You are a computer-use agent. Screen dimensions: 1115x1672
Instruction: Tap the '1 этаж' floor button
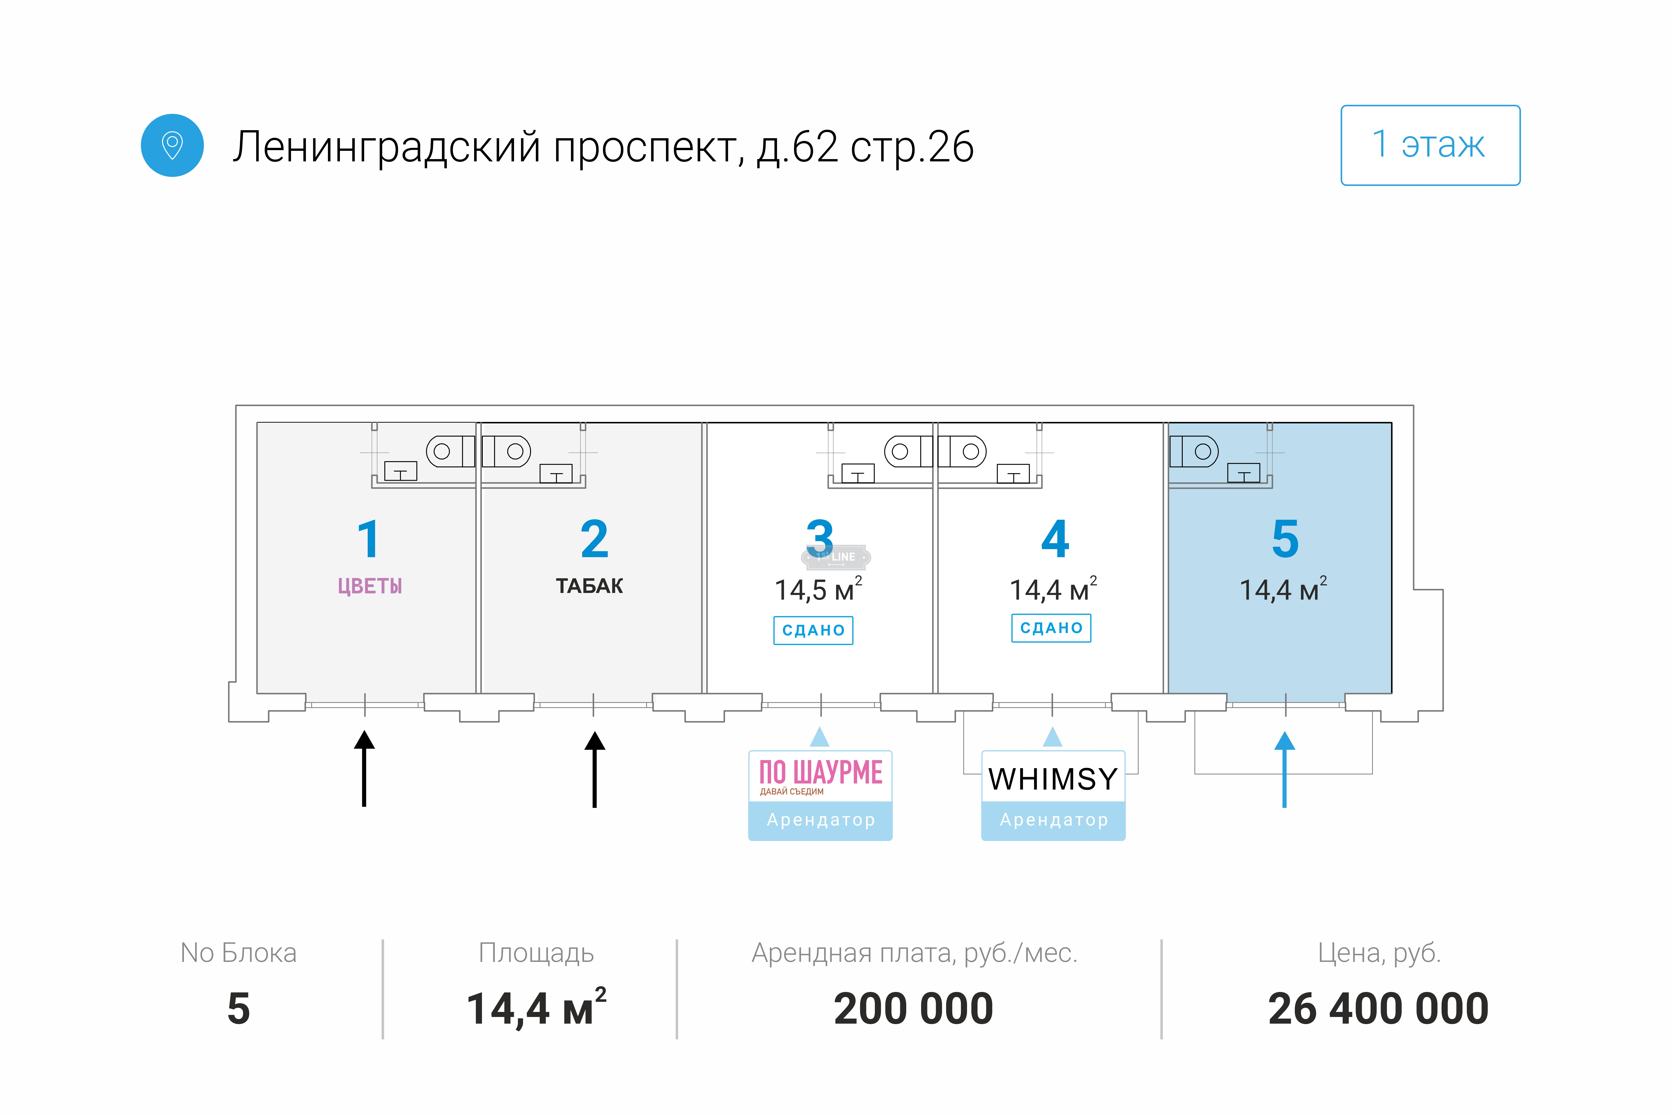click(x=1430, y=145)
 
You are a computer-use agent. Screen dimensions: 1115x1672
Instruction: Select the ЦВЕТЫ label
click(x=370, y=586)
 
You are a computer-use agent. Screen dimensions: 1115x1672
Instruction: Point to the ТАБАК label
click(x=589, y=586)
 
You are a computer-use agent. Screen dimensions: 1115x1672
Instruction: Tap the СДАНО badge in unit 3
click(x=813, y=630)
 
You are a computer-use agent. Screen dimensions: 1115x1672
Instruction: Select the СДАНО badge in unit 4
click(x=1051, y=628)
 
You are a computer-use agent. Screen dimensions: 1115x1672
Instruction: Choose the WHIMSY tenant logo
click(x=1053, y=779)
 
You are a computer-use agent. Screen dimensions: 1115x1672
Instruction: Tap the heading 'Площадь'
click(x=536, y=953)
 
